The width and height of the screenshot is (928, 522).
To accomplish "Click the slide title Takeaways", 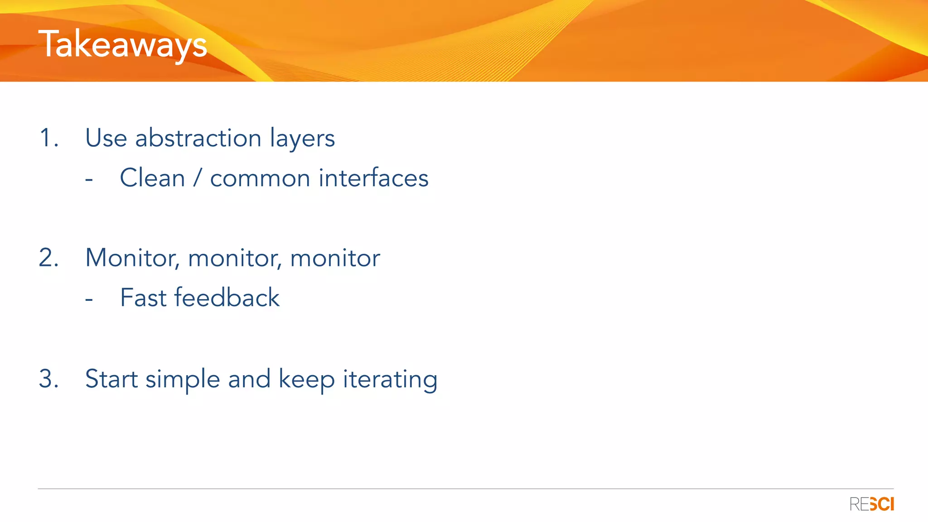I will [122, 44].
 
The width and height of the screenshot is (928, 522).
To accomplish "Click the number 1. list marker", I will [48, 138].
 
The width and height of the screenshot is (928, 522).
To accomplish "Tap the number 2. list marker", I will [48, 258].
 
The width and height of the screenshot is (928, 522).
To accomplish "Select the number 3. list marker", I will [48, 378].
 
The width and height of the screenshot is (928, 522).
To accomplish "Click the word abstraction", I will [198, 138].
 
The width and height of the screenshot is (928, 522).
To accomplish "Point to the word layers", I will [302, 139].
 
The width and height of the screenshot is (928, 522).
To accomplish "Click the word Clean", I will [152, 178].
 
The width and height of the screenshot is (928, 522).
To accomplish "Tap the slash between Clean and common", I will [197, 178].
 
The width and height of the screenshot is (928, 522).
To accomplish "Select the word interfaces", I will [373, 178].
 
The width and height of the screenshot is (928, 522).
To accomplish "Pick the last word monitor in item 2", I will [335, 258].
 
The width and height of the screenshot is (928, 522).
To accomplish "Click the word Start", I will [111, 379].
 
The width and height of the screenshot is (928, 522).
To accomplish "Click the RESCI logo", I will [871, 504].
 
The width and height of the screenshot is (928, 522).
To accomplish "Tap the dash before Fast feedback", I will [89, 300].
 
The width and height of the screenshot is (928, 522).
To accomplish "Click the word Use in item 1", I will [106, 138].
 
